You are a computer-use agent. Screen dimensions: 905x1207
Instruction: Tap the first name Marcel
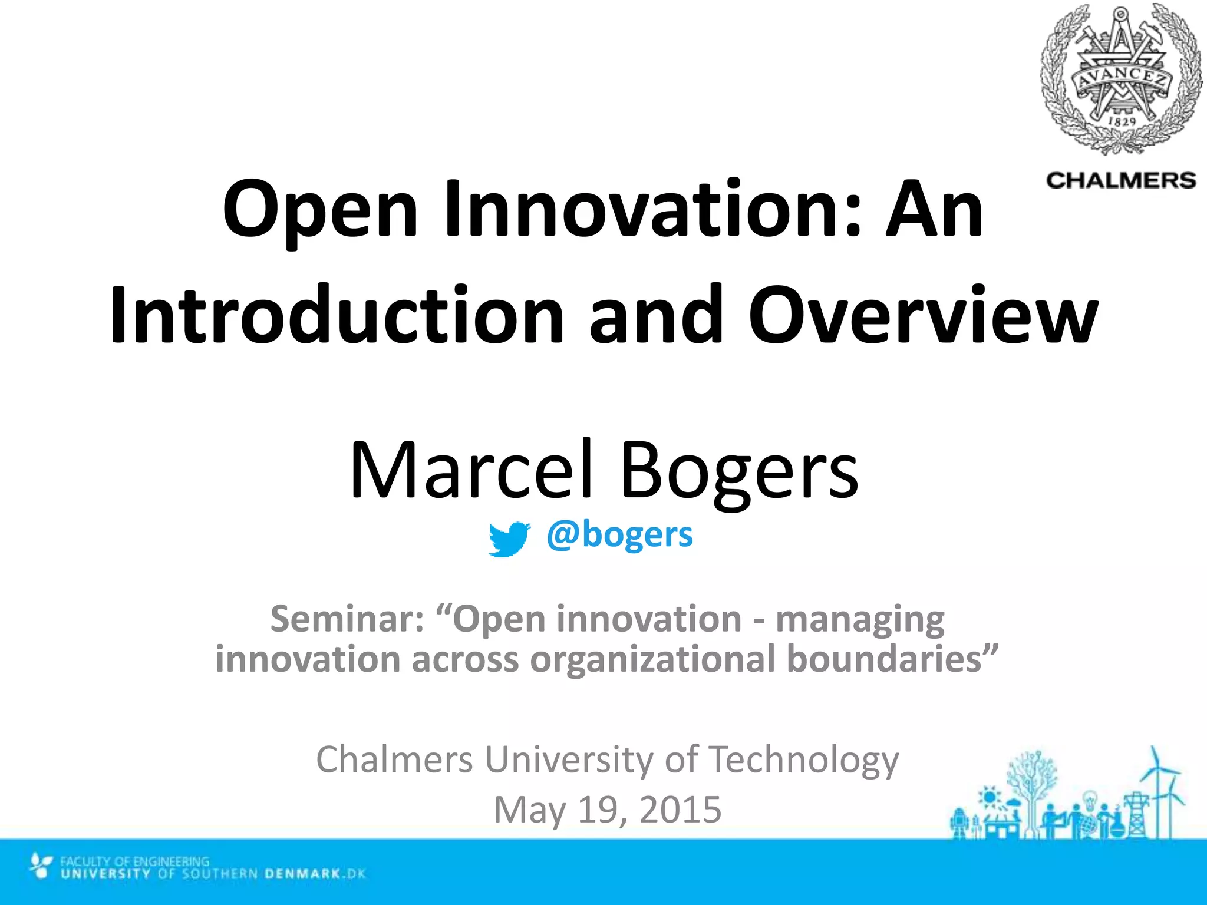click(x=470, y=470)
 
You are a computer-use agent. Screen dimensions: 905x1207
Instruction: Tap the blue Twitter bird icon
click(x=508, y=538)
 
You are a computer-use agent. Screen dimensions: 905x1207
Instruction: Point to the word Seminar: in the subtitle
click(x=347, y=619)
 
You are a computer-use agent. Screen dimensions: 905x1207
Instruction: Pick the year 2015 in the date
click(x=680, y=810)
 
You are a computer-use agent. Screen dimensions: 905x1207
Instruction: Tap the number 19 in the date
click(x=601, y=810)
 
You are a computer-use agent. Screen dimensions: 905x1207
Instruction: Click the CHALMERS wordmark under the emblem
click(x=1120, y=180)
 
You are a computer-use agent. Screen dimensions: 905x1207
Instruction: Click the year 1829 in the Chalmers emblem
click(x=1122, y=120)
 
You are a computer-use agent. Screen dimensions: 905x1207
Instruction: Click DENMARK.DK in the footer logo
click(x=315, y=873)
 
